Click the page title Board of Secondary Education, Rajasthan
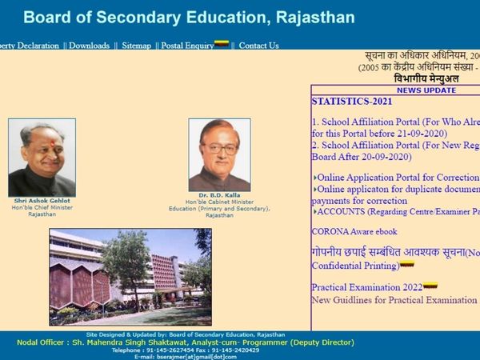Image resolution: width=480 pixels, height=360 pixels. pos(189,17)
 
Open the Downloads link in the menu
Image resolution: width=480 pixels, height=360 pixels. pos(89,46)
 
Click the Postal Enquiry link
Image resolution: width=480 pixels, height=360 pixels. pos(187,46)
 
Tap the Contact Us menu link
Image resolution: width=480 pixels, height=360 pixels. pos(258,46)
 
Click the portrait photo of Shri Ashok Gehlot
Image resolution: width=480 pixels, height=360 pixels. pos(42,157)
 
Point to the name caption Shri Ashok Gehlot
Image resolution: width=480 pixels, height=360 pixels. pos(42,201)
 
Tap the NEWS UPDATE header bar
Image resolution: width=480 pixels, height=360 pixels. pos(426,90)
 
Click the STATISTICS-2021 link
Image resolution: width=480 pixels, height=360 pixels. pos(351,102)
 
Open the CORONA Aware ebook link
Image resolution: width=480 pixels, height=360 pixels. pos(354,231)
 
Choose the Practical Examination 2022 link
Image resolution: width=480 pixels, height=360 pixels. pos(367,286)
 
